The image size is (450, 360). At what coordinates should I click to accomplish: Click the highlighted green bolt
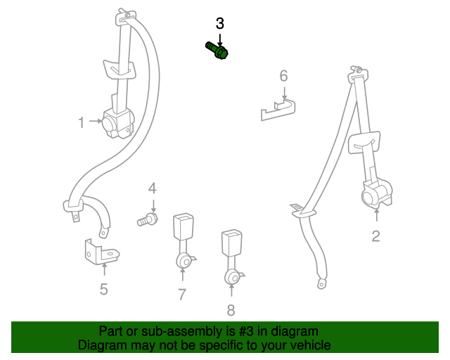(x=218, y=51)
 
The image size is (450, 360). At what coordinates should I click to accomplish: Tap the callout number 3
(x=219, y=23)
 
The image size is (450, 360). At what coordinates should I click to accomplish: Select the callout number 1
(x=82, y=123)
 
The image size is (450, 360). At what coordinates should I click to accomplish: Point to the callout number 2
(x=375, y=236)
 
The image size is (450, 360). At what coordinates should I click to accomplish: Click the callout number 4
(x=152, y=188)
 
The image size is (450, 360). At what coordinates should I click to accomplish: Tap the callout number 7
(x=182, y=295)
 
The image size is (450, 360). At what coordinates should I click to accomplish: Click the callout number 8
(x=231, y=310)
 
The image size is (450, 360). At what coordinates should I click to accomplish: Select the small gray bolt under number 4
(x=146, y=221)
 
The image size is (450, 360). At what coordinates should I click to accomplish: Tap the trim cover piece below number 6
(x=276, y=110)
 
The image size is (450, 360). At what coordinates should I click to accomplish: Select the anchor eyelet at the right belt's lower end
(x=322, y=284)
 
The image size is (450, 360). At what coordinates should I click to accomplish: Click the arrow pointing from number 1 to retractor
(x=95, y=123)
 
